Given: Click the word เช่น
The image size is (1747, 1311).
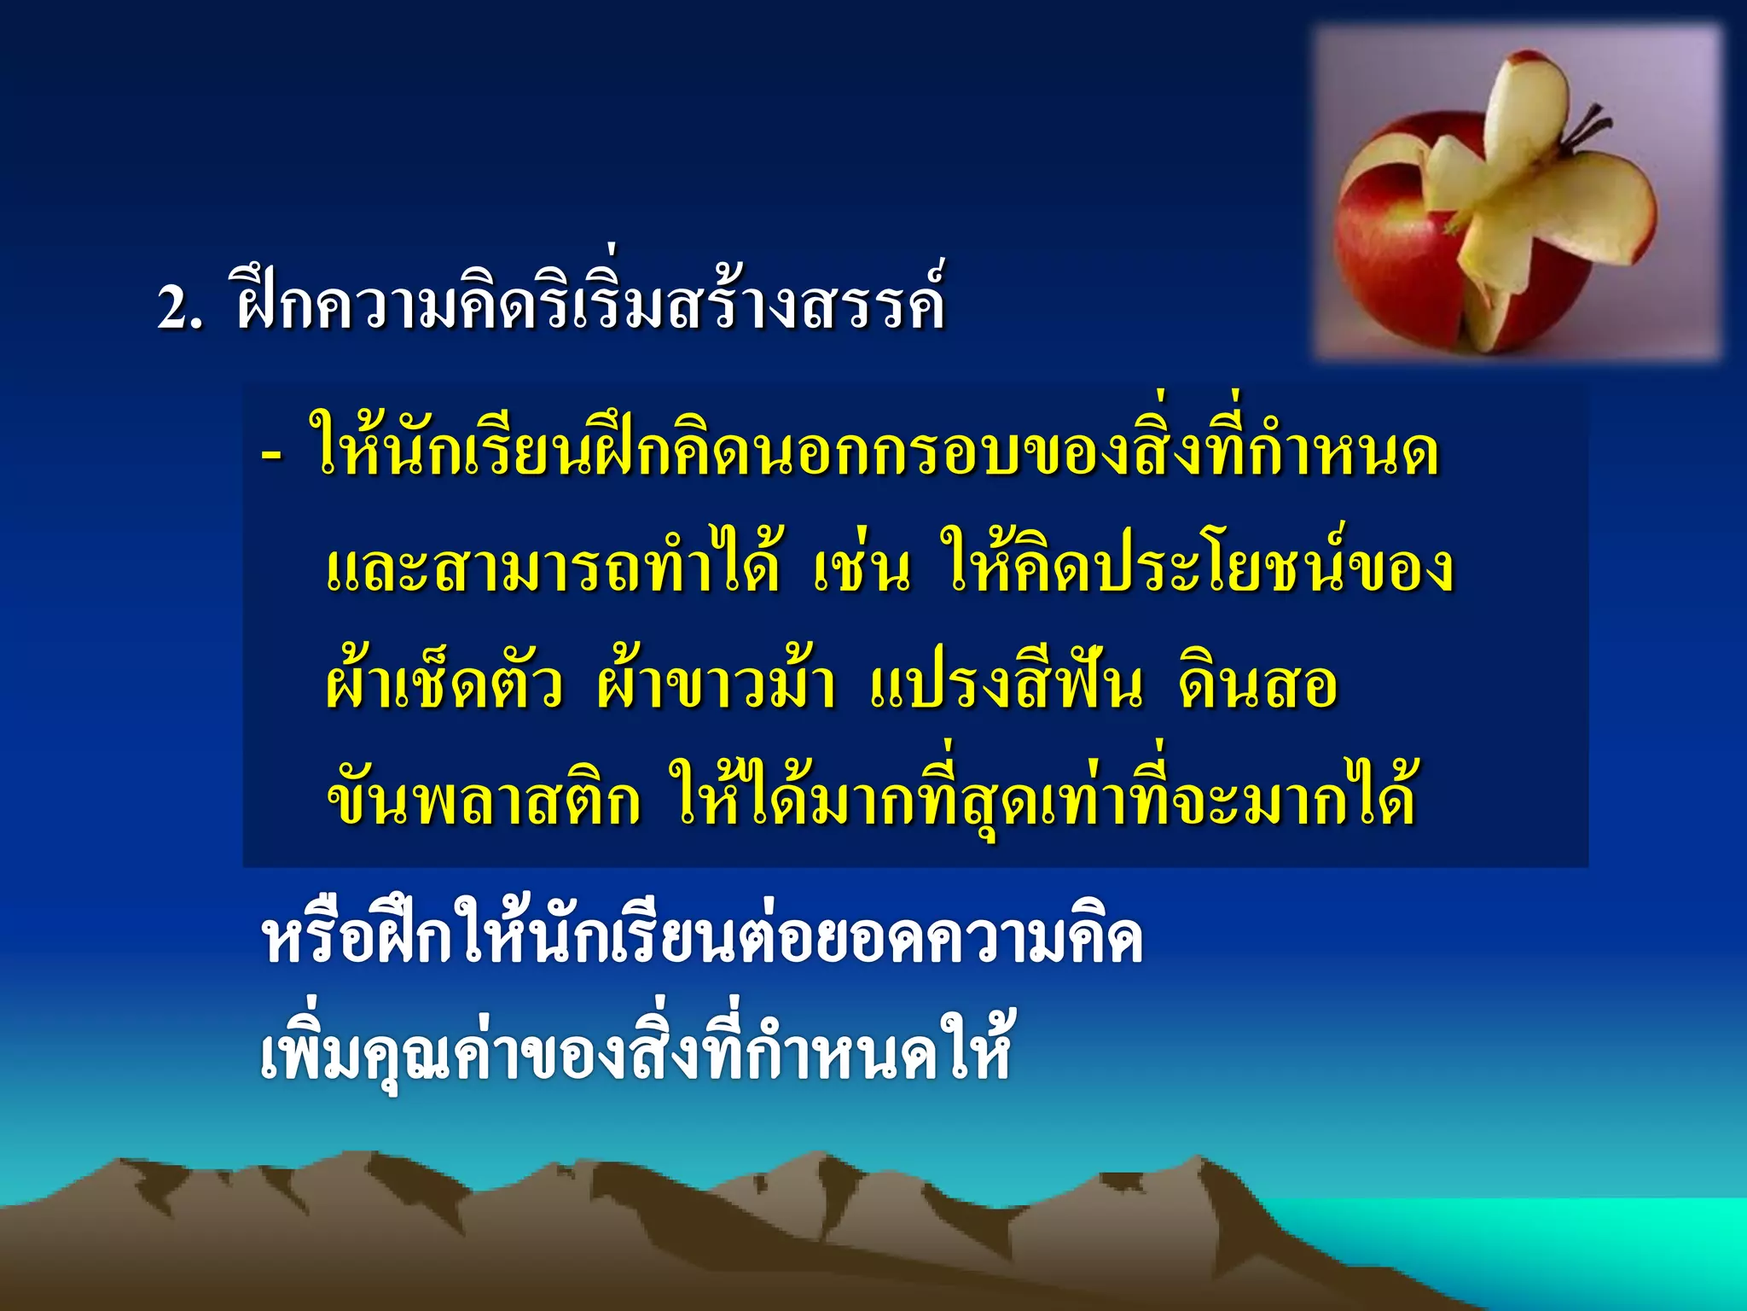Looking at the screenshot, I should click(x=862, y=568).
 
